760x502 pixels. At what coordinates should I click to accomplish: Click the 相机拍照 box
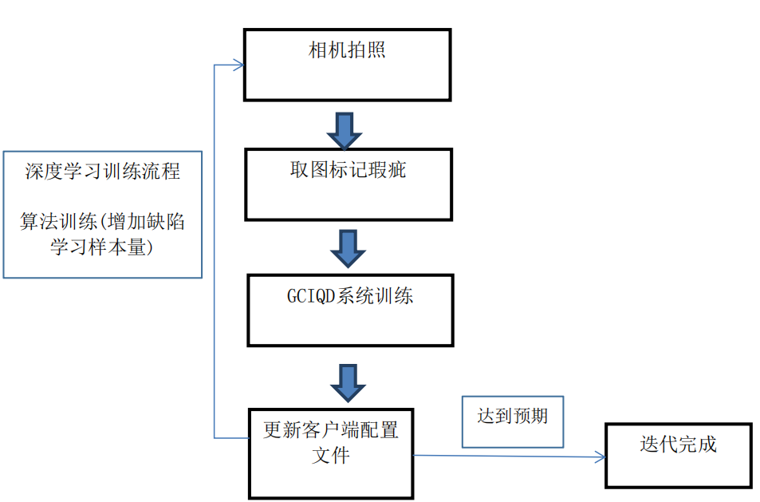pos(347,65)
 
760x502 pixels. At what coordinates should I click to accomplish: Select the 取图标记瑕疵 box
pos(348,184)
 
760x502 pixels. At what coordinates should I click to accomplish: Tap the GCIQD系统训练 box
pos(350,310)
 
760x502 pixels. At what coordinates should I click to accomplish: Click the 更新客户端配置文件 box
pos(331,453)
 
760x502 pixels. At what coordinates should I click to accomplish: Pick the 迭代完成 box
pos(678,455)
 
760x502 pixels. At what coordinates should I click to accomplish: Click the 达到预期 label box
pos(513,421)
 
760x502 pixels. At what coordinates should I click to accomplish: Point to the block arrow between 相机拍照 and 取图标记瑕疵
pos(345,131)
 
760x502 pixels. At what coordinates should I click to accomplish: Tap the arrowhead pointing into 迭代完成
pos(601,457)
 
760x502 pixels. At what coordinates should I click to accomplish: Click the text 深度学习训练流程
pos(103,172)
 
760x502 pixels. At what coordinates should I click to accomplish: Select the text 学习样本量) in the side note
pos(103,247)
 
